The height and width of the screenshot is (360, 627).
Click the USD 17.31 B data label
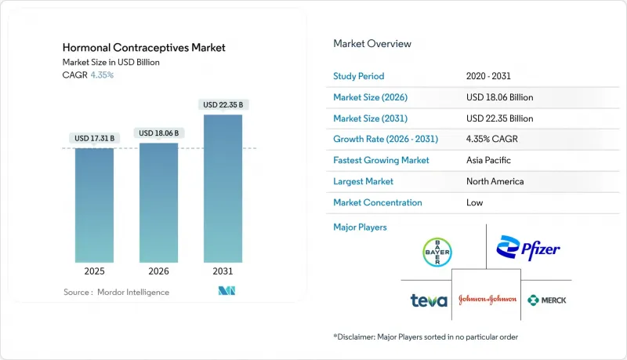[x=95, y=138]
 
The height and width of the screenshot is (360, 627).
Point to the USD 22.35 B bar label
[x=223, y=105]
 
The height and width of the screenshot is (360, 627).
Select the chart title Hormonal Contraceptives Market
[x=143, y=48]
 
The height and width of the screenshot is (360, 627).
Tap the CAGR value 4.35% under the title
[x=101, y=75]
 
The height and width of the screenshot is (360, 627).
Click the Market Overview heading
[x=372, y=44]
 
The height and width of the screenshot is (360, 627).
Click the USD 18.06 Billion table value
[x=499, y=97]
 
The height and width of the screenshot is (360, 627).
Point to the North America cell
[x=495, y=181]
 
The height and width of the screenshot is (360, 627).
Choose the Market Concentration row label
[x=378, y=202]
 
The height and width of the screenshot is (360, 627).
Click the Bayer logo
[x=437, y=252]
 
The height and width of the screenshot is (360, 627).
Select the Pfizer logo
[x=528, y=249]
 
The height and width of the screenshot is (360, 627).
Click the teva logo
[x=429, y=300]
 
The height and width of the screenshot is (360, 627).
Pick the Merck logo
[x=547, y=300]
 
